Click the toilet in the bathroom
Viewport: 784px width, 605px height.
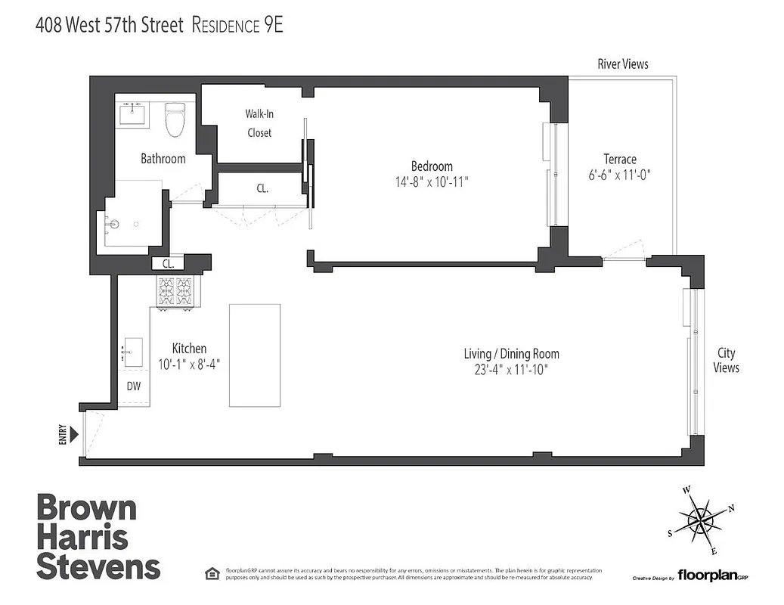pyautogui.click(x=175, y=119)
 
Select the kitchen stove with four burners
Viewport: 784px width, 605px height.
pyautogui.click(x=175, y=291)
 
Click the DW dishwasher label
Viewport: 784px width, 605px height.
pyautogui.click(x=133, y=386)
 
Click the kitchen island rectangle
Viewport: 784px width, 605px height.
pyautogui.click(x=254, y=355)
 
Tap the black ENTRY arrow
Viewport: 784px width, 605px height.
pyautogui.click(x=73, y=434)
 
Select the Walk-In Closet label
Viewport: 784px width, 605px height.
pyautogui.click(x=258, y=123)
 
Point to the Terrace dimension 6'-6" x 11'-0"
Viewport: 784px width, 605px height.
pyautogui.click(x=619, y=175)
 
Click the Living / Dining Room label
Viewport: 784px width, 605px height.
pyautogui.click(x=511, y=353)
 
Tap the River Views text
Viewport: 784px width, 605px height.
pyautogui.click(x=622, y=64)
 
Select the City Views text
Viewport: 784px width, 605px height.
pyautogui.click(x=726, y=360)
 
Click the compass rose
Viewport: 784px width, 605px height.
pyautogui.click(x=701, y=520)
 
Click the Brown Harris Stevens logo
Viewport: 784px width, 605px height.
pyautogui.click(x=98, y=537)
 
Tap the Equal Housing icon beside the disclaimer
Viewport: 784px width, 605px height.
pyautogui.click(x=211, y=572)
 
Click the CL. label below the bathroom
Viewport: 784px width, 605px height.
pyautogui.click(x=168, y=264)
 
